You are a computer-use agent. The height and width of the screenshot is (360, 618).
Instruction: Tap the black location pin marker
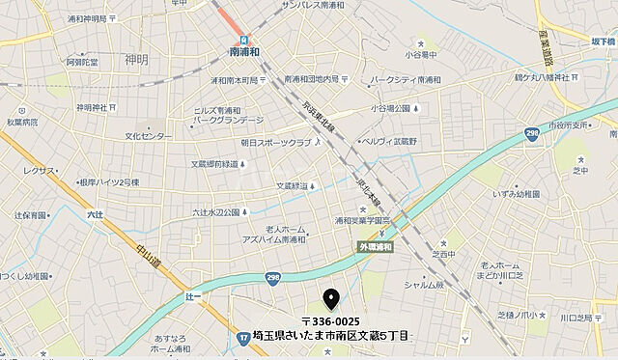point(331,298)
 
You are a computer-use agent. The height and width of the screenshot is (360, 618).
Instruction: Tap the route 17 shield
point(243,336)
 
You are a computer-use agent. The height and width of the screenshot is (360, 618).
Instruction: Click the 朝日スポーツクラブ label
point(278,142)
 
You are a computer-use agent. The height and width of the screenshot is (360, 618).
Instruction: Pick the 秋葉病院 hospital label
point(20,123)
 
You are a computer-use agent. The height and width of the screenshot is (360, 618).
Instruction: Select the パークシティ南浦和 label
point(406,79)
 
